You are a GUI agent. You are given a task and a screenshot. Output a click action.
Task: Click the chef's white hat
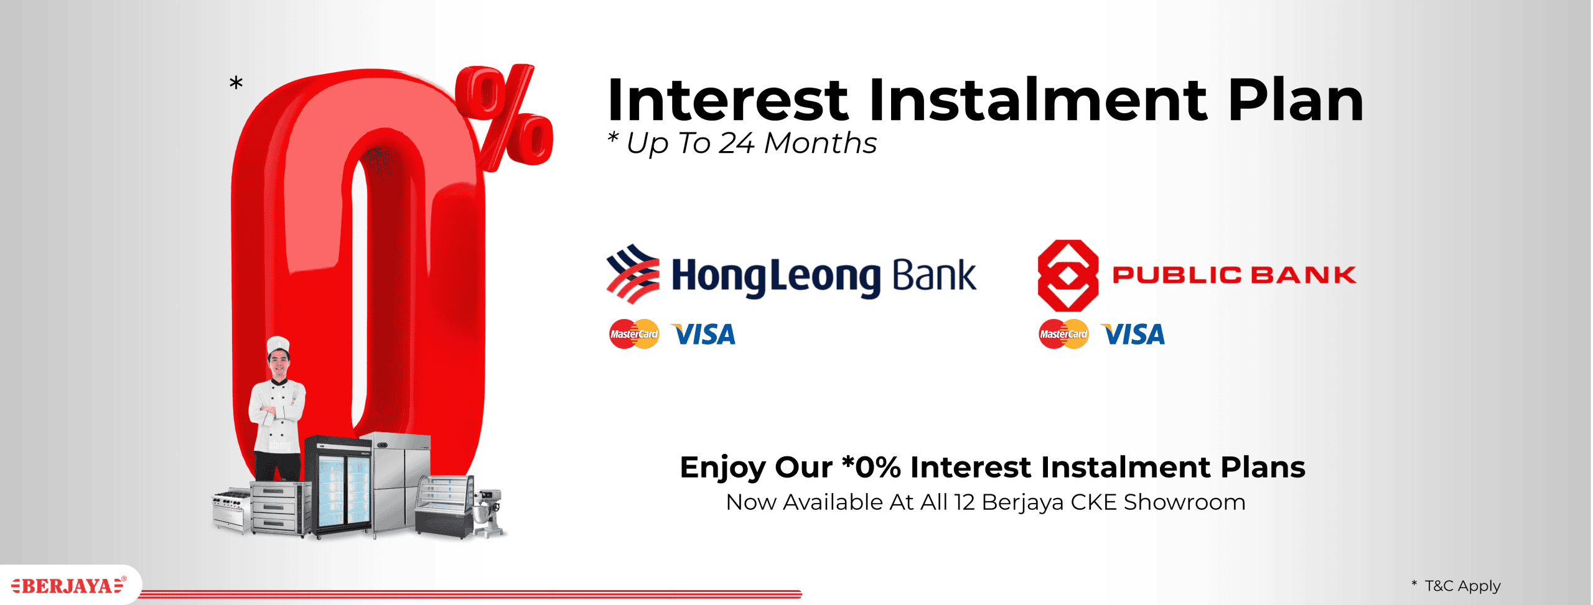pyautogui.click(x=278, y=346)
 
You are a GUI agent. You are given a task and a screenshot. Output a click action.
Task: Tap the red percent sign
pyautogui.click(x=504, y=117)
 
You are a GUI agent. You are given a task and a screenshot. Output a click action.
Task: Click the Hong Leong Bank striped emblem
pyautogui.click(x=633, y=274)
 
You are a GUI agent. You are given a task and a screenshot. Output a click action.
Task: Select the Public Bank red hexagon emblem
pyautogui.click(x=1068, y=275)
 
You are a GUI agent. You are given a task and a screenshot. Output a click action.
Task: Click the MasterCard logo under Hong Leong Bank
pyautogui.click(x=634, y=334)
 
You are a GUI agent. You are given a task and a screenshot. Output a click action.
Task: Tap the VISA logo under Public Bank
pyautogui.click(x=1133, y=335)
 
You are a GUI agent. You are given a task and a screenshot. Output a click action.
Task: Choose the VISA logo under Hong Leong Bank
pyautogui.click(x=703, y=335)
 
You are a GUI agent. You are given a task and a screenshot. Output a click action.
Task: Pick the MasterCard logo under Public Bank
pyautogui.click(x=1063, y=334)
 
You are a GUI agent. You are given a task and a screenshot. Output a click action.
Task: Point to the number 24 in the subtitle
pyautogui.click(x=737, y=144)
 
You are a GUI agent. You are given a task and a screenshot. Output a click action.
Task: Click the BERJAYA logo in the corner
pyautogui.click(x=68, y=585)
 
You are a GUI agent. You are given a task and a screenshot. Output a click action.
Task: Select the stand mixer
pyautogui.click(x=488, y=512)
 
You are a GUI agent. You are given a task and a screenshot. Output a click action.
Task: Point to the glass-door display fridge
pyautogui.click(x=339, y=486)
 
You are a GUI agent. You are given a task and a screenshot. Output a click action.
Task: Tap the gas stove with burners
pyautogui.click(x=231, y=509)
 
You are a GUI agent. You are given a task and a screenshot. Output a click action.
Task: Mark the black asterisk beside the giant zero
pyautogui.click(x=236, y=82)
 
